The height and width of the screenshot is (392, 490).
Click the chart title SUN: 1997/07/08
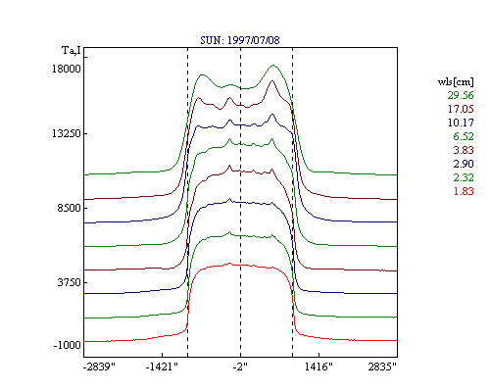[x=240, y=40]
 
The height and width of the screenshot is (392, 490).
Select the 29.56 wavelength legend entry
[x=461, y=95]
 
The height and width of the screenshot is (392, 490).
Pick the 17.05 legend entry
[x=461, y=109]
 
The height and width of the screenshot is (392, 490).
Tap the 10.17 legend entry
[x=461, y=122]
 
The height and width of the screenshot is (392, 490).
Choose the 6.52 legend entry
[x=464, y=136]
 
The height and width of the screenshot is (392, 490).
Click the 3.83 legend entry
[x=464, y=150]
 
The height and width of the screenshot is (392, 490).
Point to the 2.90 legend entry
[x=464, y=164]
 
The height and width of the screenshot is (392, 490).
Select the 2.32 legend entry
[x=464, y=177]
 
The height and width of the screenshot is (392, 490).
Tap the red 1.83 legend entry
[x=464, y=191]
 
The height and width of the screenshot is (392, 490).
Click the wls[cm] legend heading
[x=456, y=82]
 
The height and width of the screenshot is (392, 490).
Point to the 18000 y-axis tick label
[x=67, y=69]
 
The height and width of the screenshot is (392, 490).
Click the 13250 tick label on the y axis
[x=67, y=133]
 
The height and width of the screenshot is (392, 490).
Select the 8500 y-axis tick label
[x=69, y=208]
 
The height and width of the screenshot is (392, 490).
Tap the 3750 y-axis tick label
[x=69, y=282]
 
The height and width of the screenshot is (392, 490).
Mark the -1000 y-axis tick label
[x=67, y=345]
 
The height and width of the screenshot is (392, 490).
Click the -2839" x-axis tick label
[x=99, y=367]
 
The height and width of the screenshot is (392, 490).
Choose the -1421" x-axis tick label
[x=162, y=367]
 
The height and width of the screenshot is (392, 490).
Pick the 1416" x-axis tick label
[x=318, y=367]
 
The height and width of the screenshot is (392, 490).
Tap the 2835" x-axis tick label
[x=382, y=367]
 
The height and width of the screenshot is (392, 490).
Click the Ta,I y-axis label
[x=72, y=51]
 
